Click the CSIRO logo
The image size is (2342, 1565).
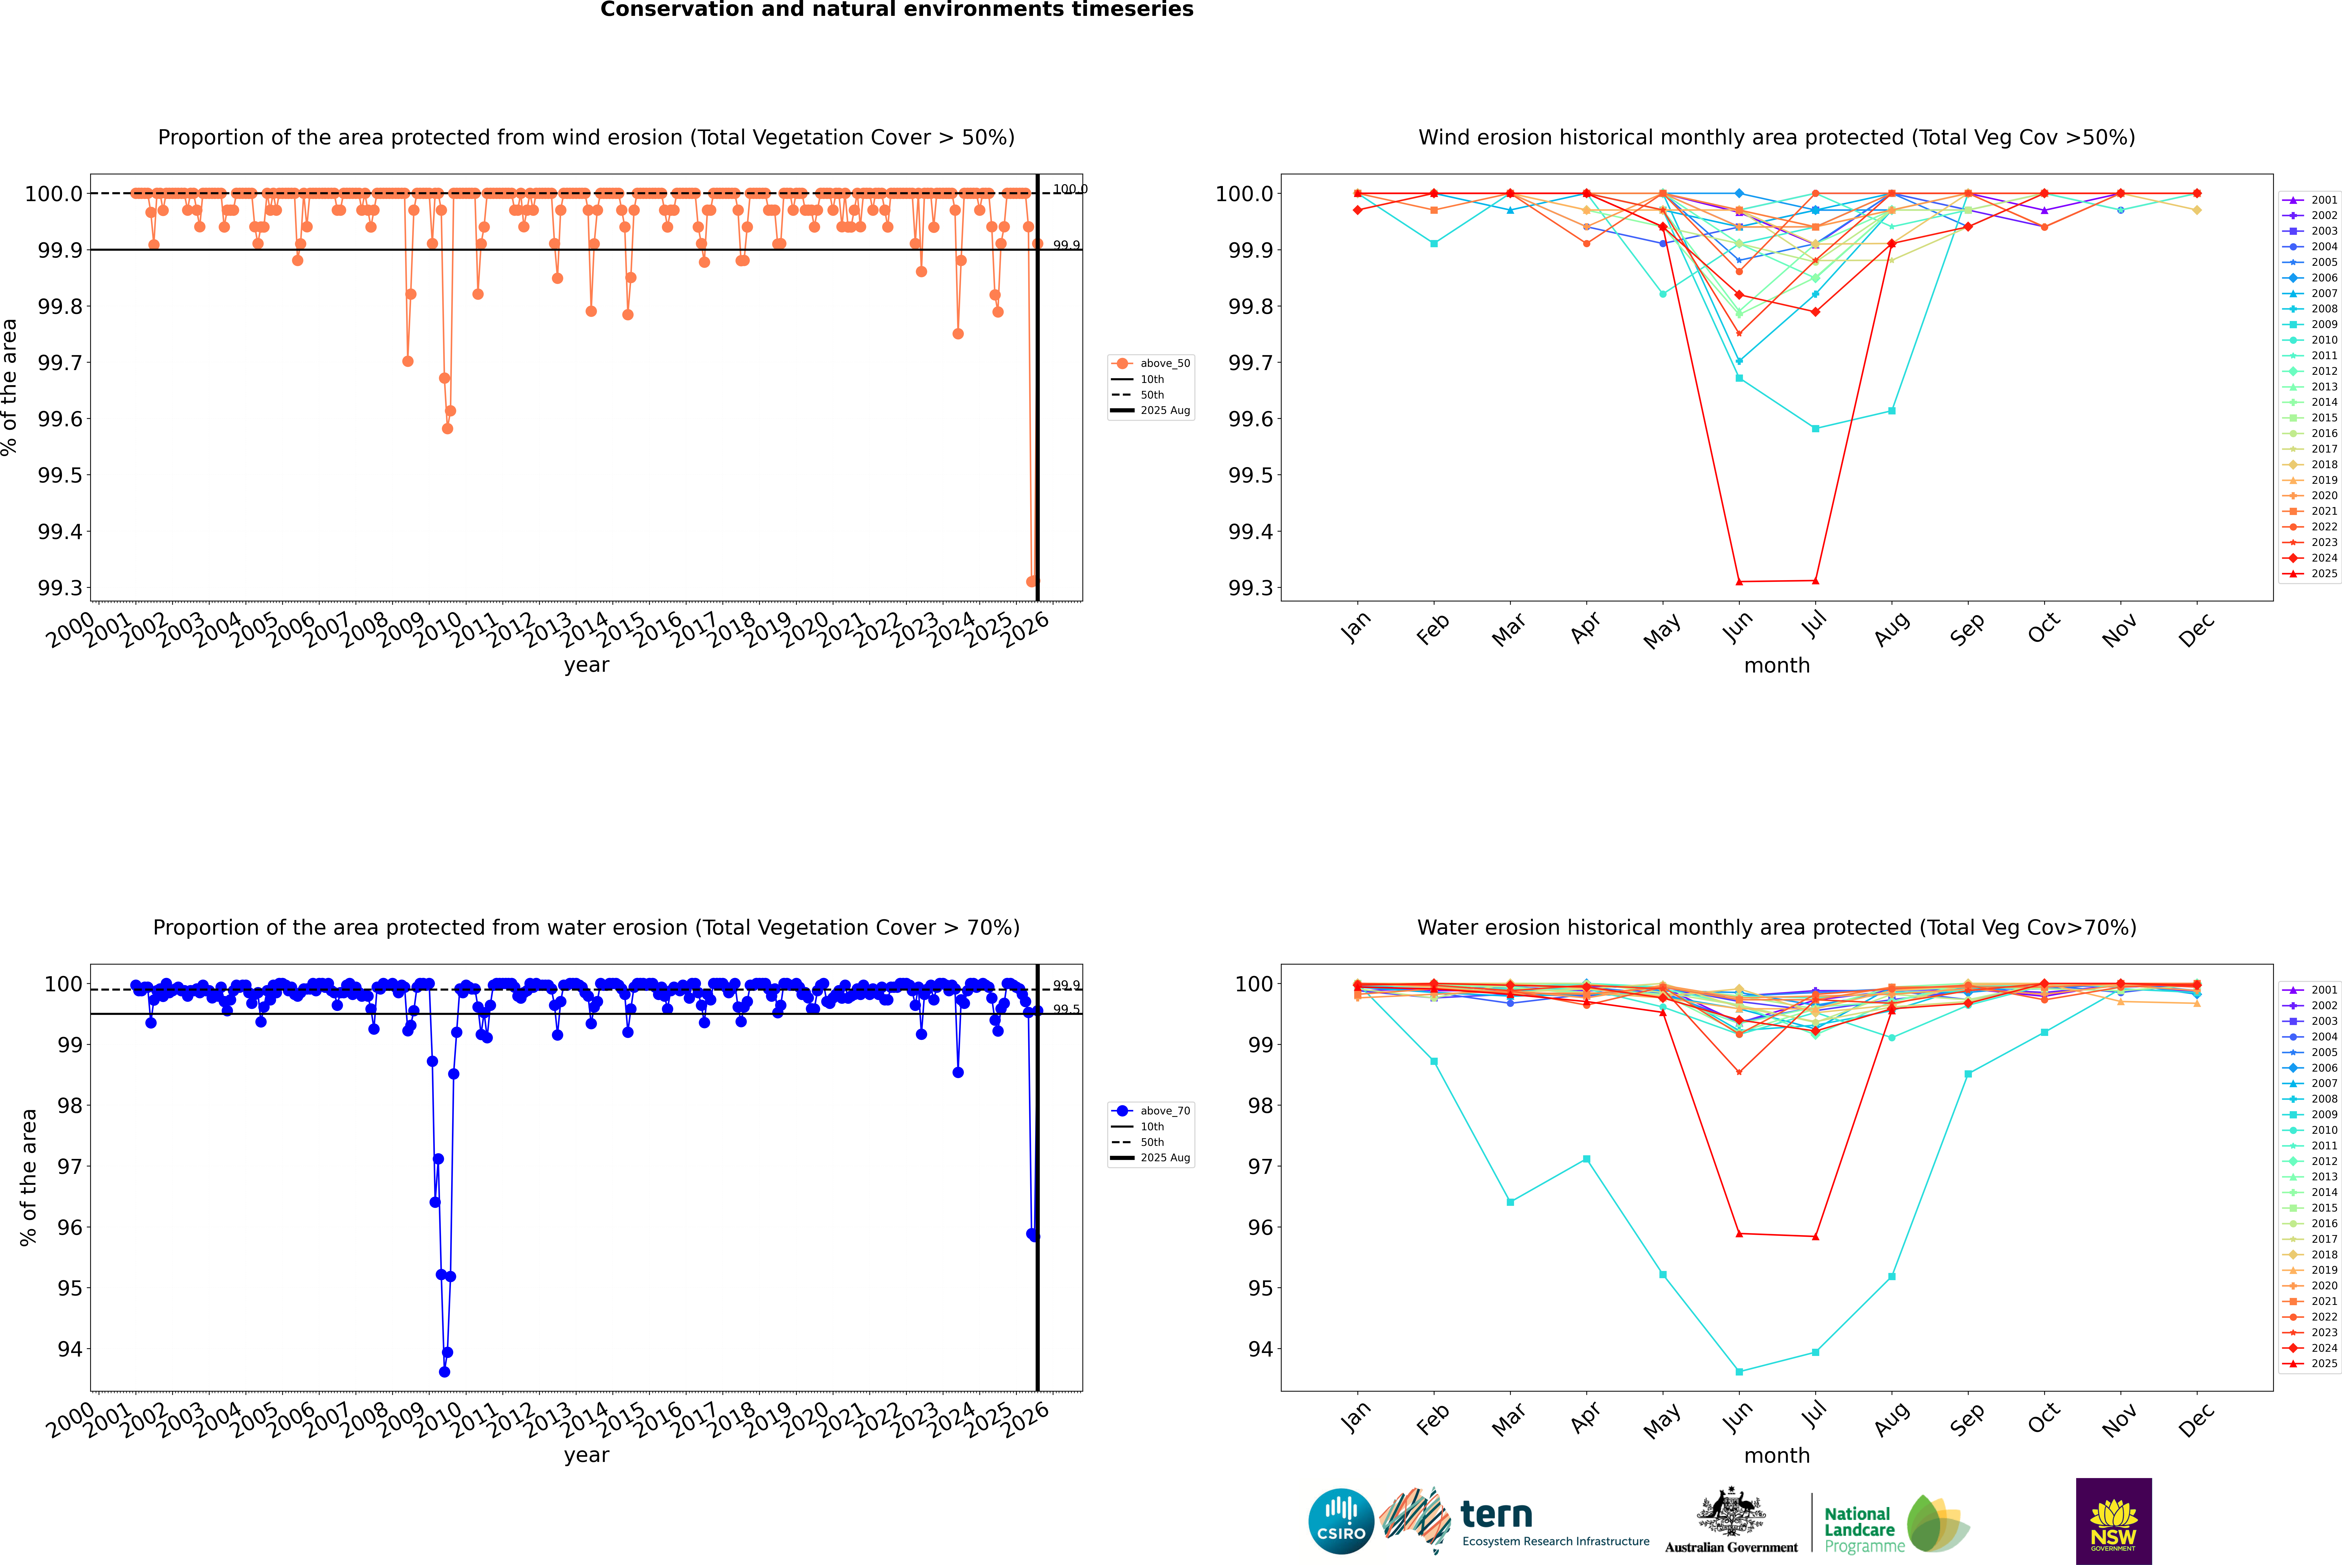click(x=1341, y=1521)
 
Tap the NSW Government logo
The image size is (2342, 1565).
click(x=2113, y=1521)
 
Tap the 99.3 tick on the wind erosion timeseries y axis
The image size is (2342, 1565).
click(x=60, y=588)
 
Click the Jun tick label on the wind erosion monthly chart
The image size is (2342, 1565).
click(x=1737, y=627)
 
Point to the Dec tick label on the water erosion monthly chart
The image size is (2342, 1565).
click(x=2196, y=1417)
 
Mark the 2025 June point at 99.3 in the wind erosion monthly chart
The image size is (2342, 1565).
click(x=1739, y=582)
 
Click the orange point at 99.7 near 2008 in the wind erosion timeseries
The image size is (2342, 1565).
click(x=407, y=361)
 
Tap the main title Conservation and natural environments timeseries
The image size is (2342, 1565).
click(x=896, y=10)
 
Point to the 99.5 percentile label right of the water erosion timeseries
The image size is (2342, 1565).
click(x=1066, y=1009)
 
